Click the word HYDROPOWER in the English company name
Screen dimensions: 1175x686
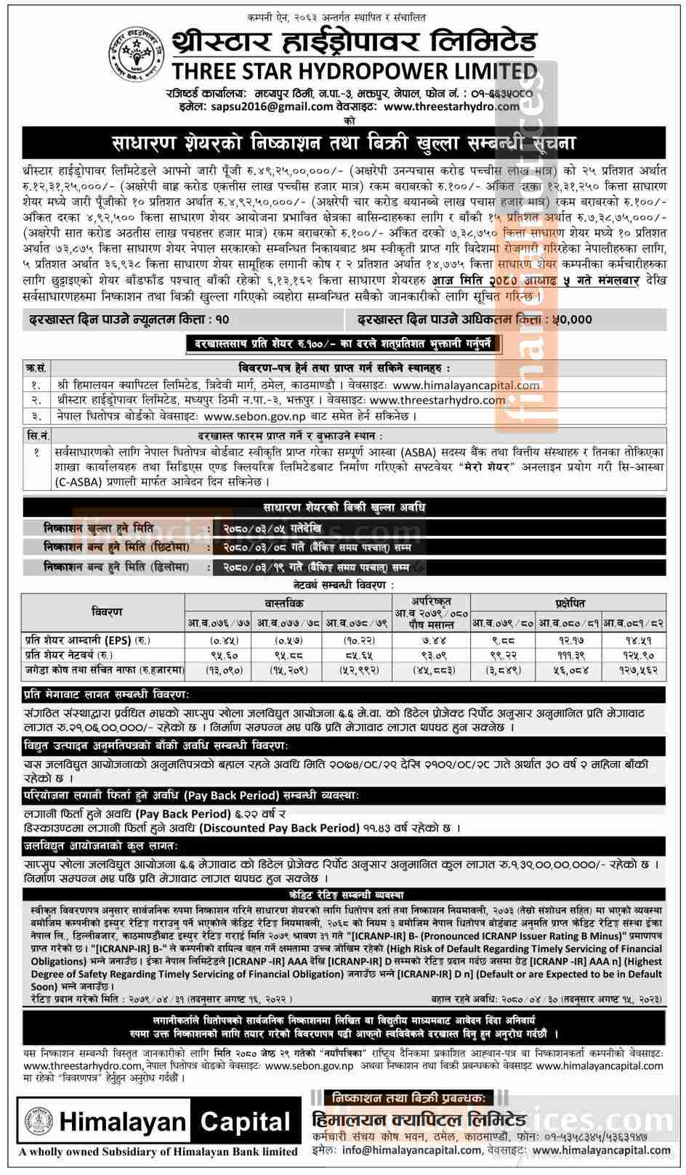390,71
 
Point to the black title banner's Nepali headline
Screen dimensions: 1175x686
344,142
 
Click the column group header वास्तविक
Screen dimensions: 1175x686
288,603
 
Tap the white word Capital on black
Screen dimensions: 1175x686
245,1123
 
